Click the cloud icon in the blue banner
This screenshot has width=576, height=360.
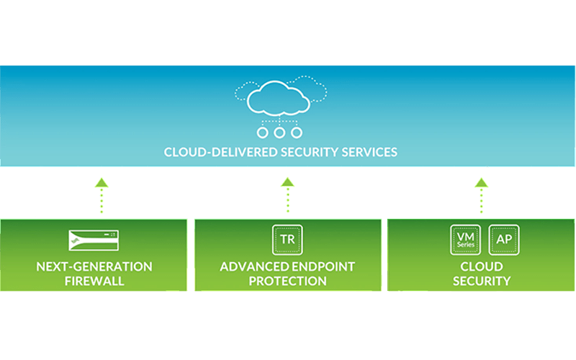pyautogui.click(x=279, y=101)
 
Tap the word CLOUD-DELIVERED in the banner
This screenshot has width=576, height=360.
pyautogui.click(x=210, y=153)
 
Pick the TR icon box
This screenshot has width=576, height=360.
pyautogui.click(x=287, y=238)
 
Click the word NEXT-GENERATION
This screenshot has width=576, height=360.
pyautogui.click(x=94, y=266)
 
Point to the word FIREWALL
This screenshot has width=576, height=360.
pyautogui.click(x=94, y=281)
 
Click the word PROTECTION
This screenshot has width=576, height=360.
pyautogui.click(x=287, y=281)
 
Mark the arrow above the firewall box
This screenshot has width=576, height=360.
pyautogui.click(x=102, y=194)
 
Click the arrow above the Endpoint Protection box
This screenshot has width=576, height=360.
pyautogui.click(x=287, y=194)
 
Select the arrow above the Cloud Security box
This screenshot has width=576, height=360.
pyautogui.click(x=481, y=194)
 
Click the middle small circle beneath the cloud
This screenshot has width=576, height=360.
pyautogui.click(x=279, y=133)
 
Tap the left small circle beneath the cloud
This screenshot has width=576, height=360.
pyautogui.click(x=262, y=133)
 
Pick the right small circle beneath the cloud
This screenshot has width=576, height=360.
pyautogui.click(x=296, y=133)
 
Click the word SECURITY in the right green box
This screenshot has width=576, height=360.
pyautogui.click(x=481, y=281)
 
